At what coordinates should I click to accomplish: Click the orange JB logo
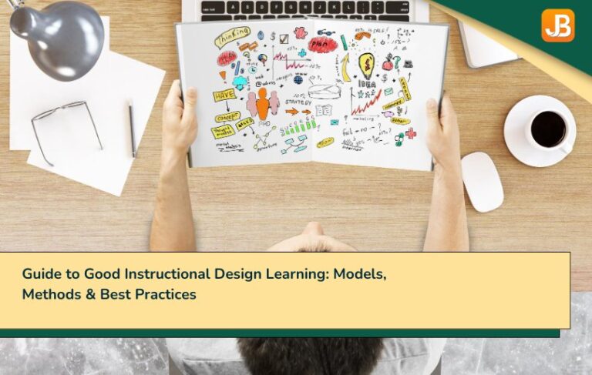(557, 25)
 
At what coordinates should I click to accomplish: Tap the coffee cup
(548, 129)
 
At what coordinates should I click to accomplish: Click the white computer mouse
(482, 181)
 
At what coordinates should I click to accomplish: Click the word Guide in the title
(40, 274)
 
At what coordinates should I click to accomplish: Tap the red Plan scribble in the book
(322, 45)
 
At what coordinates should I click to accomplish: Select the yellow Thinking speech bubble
(232, 36)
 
